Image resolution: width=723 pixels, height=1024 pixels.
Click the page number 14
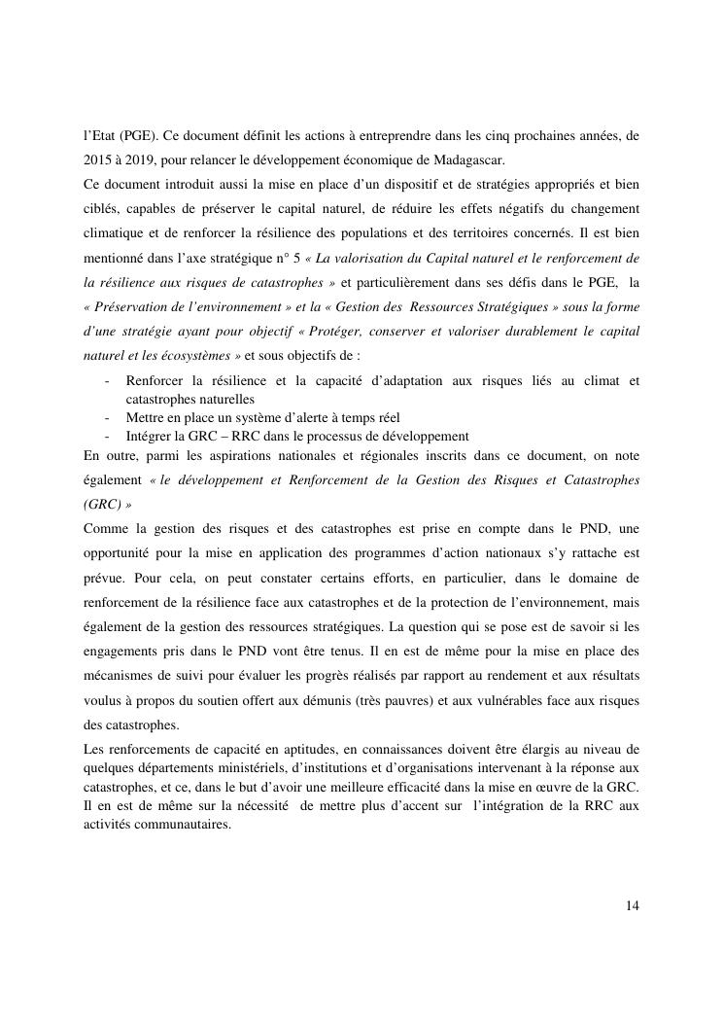coord(633,906)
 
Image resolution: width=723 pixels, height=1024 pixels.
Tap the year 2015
coord(98,159)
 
